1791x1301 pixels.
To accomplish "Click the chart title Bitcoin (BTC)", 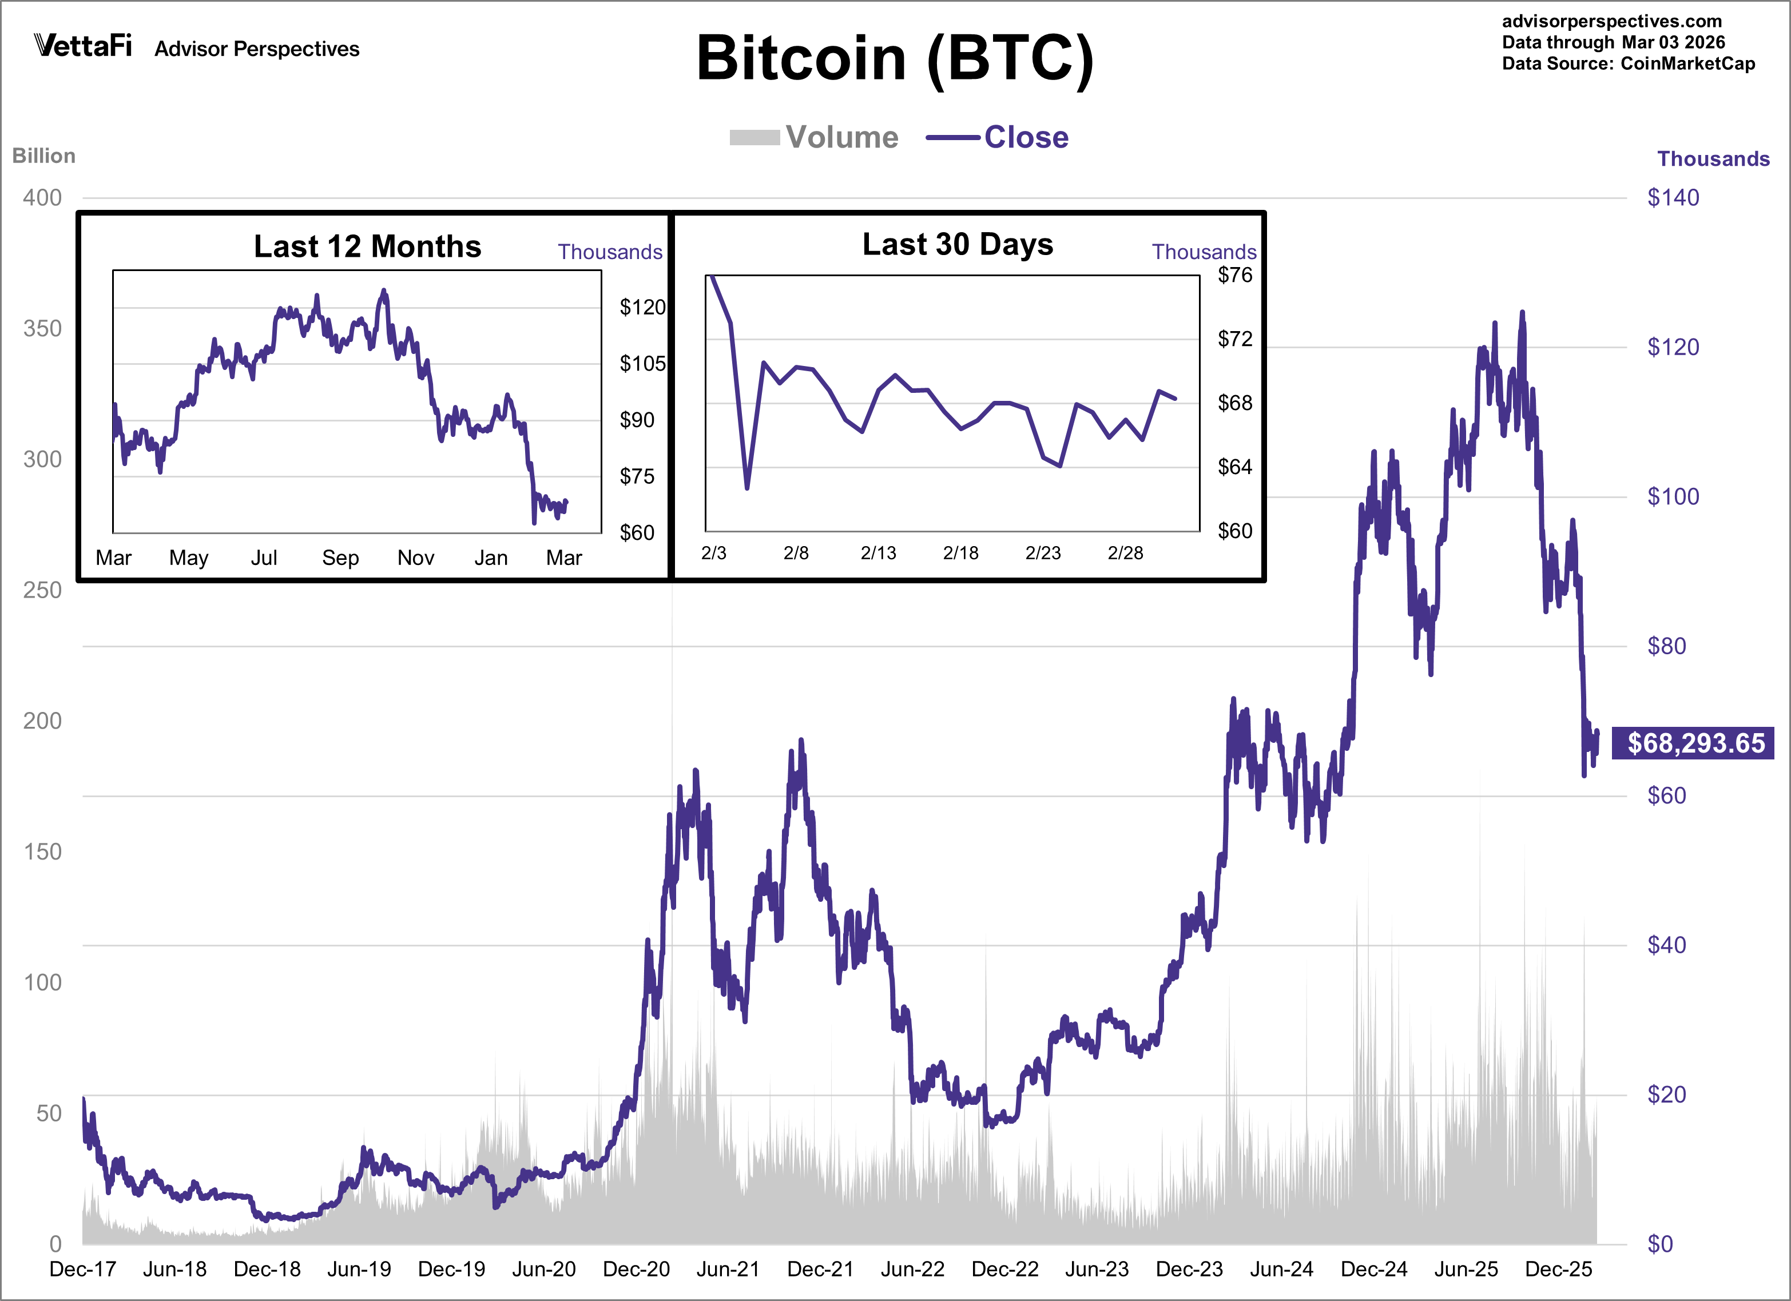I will pos(895,59).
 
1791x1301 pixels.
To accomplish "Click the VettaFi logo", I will pos(83,46).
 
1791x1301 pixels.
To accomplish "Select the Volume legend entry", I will pos(813,137).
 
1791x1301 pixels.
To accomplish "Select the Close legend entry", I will pos(998,137).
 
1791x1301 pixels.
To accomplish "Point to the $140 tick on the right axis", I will pos(1673,197).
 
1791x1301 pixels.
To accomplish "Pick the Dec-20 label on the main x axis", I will pos(636,1268).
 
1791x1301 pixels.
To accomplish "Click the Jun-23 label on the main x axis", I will pos(1097,1268).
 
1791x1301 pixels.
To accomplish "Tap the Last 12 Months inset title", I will pos(367,246).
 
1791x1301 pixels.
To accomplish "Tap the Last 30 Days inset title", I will pos(957,244).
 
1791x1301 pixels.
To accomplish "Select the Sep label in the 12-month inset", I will pos(340,558).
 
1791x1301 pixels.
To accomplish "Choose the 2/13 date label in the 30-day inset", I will pos(878,552).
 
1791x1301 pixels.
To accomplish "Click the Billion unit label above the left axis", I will pos(43,156).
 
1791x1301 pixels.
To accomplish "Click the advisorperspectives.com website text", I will pos(1611,21).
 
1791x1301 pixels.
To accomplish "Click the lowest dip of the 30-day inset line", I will pos(746,488).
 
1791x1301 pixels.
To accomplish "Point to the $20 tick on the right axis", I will pos(1666,1094).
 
